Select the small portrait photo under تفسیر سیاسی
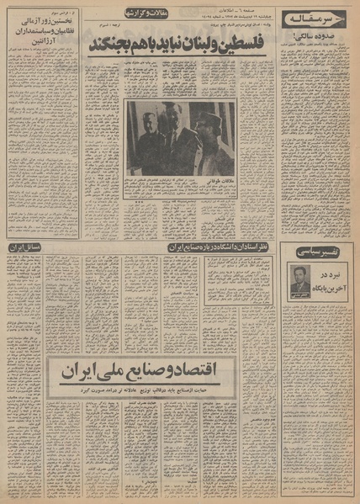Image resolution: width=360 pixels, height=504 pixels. tap(300, 280)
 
